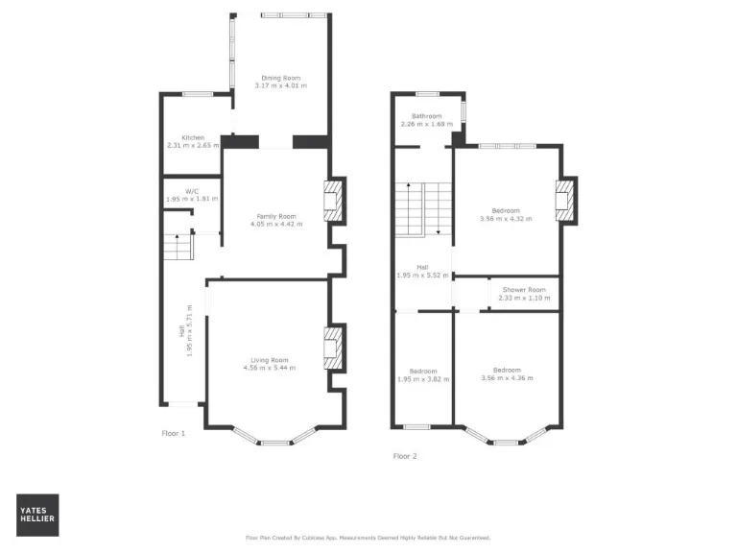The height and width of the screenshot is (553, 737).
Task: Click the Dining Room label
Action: tap(281, 78)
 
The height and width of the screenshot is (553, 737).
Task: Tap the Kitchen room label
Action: tap(185, 137)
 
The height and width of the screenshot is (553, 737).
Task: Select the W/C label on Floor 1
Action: tap(192, 191)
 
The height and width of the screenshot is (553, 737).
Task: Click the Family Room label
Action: tap(276, 216)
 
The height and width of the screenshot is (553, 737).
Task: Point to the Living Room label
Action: tap(270, 360)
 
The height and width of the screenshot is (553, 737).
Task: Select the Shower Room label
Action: tap(524, 290)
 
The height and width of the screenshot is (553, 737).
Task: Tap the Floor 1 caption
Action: tap(174, 433)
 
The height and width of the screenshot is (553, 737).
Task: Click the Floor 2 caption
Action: tap(405, 456)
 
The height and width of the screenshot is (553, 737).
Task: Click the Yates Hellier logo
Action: tap(37, 515)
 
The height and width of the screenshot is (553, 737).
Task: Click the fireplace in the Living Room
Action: tap(333, 349)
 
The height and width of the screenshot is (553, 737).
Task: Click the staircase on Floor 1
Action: tap(178, 249)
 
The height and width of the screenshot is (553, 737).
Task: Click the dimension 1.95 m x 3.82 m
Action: tap(423, 378)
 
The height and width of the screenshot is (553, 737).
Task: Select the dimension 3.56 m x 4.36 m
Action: tap(507, 378)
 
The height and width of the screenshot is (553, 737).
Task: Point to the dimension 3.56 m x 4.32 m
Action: tap(506, 218)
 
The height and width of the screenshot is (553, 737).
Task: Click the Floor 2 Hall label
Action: tap(422, 267)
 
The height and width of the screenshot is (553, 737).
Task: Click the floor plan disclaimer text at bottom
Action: tap(368, 538)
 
